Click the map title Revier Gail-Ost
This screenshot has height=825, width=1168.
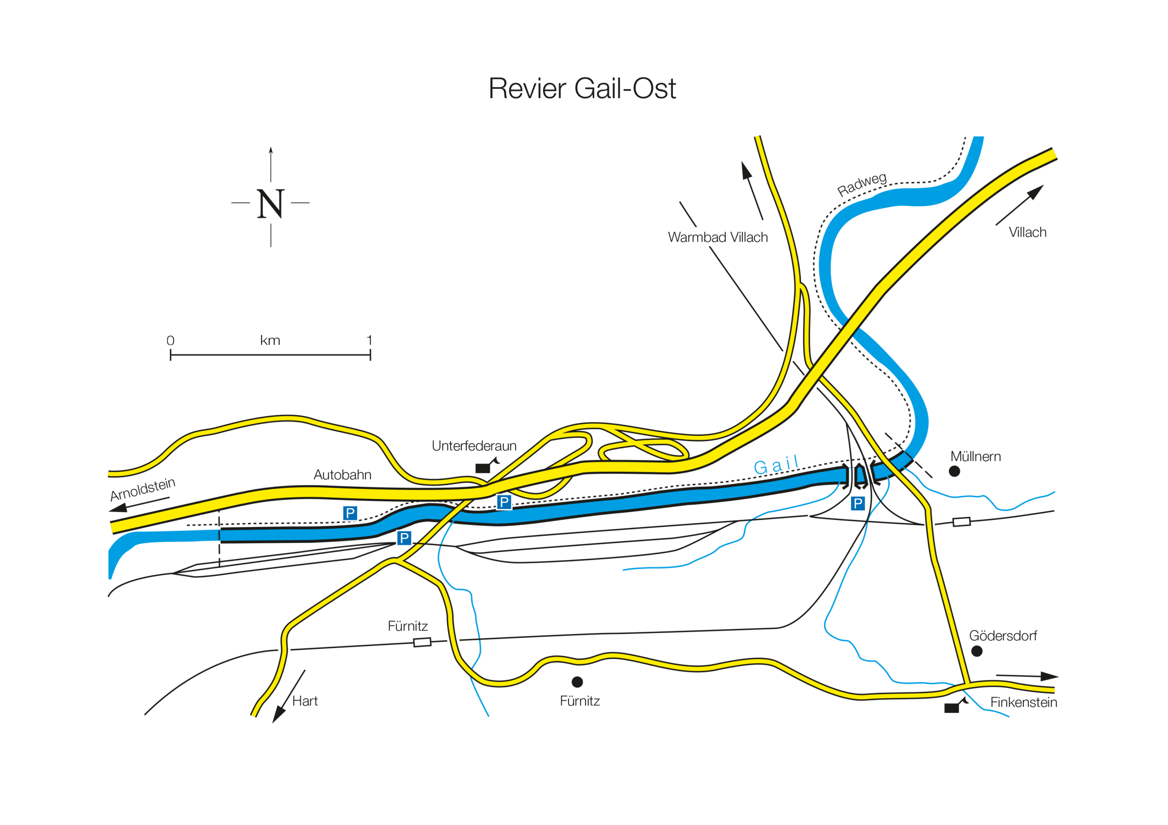(x=582, y=89)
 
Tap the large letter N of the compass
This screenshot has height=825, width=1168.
(x=270, y=204)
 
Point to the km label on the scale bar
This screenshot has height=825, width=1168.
(x=270, y=340)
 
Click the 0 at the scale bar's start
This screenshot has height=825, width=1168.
(x=171, y=340)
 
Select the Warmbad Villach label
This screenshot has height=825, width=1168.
(x=717, y=237)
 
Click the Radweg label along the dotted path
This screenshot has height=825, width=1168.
(x=862, y=184)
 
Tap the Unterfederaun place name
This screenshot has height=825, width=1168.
(x=474, y=446)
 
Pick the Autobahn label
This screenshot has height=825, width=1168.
(x=342, y=475)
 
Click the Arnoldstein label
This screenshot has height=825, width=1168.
(x=142, y=489)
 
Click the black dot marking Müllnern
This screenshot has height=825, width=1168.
(x=954, y=471)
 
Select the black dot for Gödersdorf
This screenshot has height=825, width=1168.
(x=977, y=651)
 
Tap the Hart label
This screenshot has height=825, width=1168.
(x=305, y=701)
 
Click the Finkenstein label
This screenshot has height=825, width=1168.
(x=1023, y=702)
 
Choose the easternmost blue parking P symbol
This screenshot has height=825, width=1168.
(x=858, y=503)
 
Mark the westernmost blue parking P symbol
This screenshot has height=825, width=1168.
(x=350, y=513)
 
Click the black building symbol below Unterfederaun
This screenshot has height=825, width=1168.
(x=483, y=468)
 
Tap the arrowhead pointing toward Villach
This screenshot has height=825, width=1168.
(x=1036, y=191)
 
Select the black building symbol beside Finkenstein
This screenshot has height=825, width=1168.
(x=952, y=707)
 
